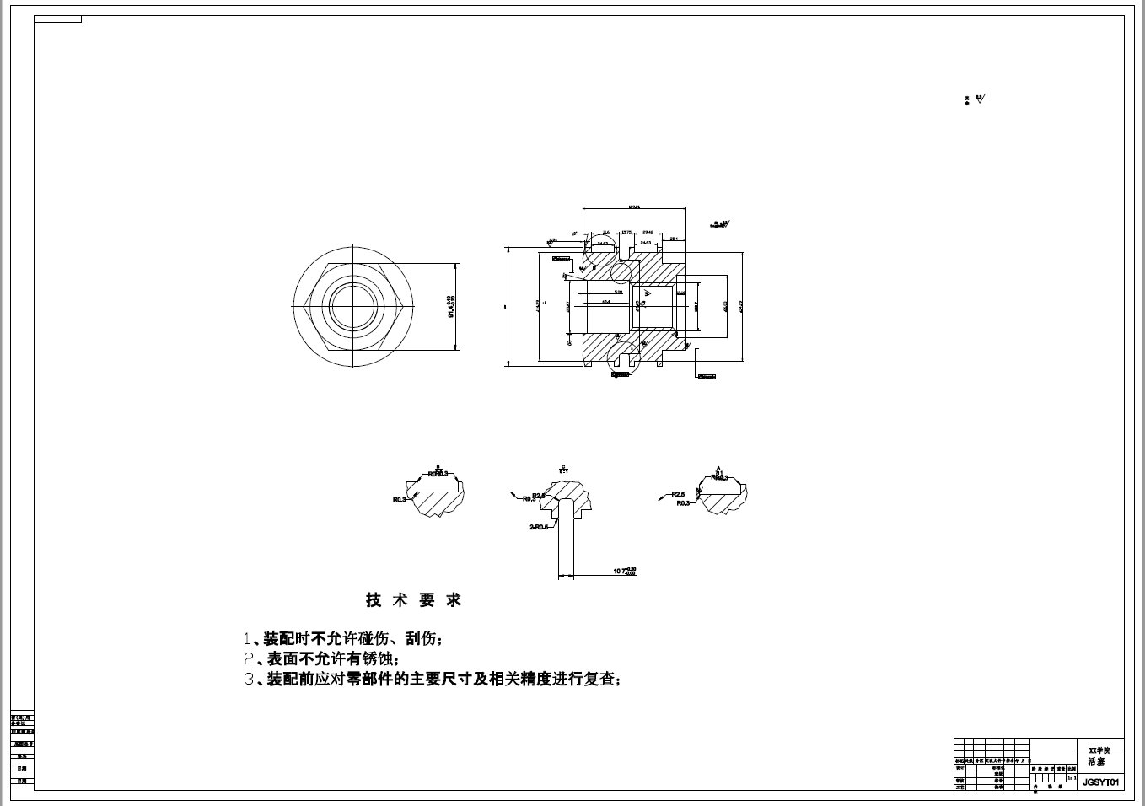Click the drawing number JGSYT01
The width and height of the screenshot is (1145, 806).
pyautogui.click(x=1100, y=782)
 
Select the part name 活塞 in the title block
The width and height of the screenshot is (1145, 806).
pyautogui.click(x=1096, y=761)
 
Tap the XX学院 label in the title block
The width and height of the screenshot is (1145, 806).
pyautogui.click(x=1099, y=750)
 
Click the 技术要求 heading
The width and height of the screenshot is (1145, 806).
pyautogui.click(x=413, y=600)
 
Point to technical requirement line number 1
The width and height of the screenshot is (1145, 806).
pyautogui.click(x=341, y=638)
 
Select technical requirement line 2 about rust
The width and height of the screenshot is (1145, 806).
pyautogui.click(x=321, y=658)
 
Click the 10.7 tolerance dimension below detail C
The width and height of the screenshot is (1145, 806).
pyautogui.click(x=624, y=571)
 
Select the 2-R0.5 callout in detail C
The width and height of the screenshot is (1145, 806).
pyautogui.click(x=539, y=526)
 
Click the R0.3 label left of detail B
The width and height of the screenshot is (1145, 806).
pyautogui.click(x=400, y=499)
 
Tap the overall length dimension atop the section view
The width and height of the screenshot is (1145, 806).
pyautogui.click(x=634, y=206)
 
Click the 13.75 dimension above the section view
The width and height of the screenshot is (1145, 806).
pyautogui.click(x=626, y=232)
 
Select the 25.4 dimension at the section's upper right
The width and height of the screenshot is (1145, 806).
pyautogui.click(x=674, y=239)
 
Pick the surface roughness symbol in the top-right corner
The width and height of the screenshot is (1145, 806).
pyautogui.click(x=979, y=99)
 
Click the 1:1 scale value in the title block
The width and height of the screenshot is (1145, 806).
pyautogui.click(x=1072, y=778)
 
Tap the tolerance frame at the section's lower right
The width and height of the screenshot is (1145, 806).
pyautogui.click(x=707, y=376)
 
